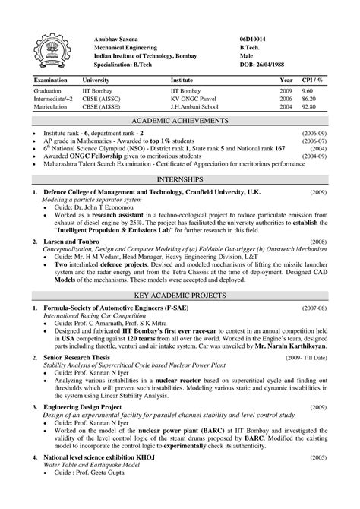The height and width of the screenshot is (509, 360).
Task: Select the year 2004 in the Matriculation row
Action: click(x=286, y=108)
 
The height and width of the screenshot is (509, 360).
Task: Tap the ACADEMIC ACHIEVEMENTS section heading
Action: click(x=179, y=121)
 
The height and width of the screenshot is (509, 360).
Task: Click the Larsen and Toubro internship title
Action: click(x=71, y=241)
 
